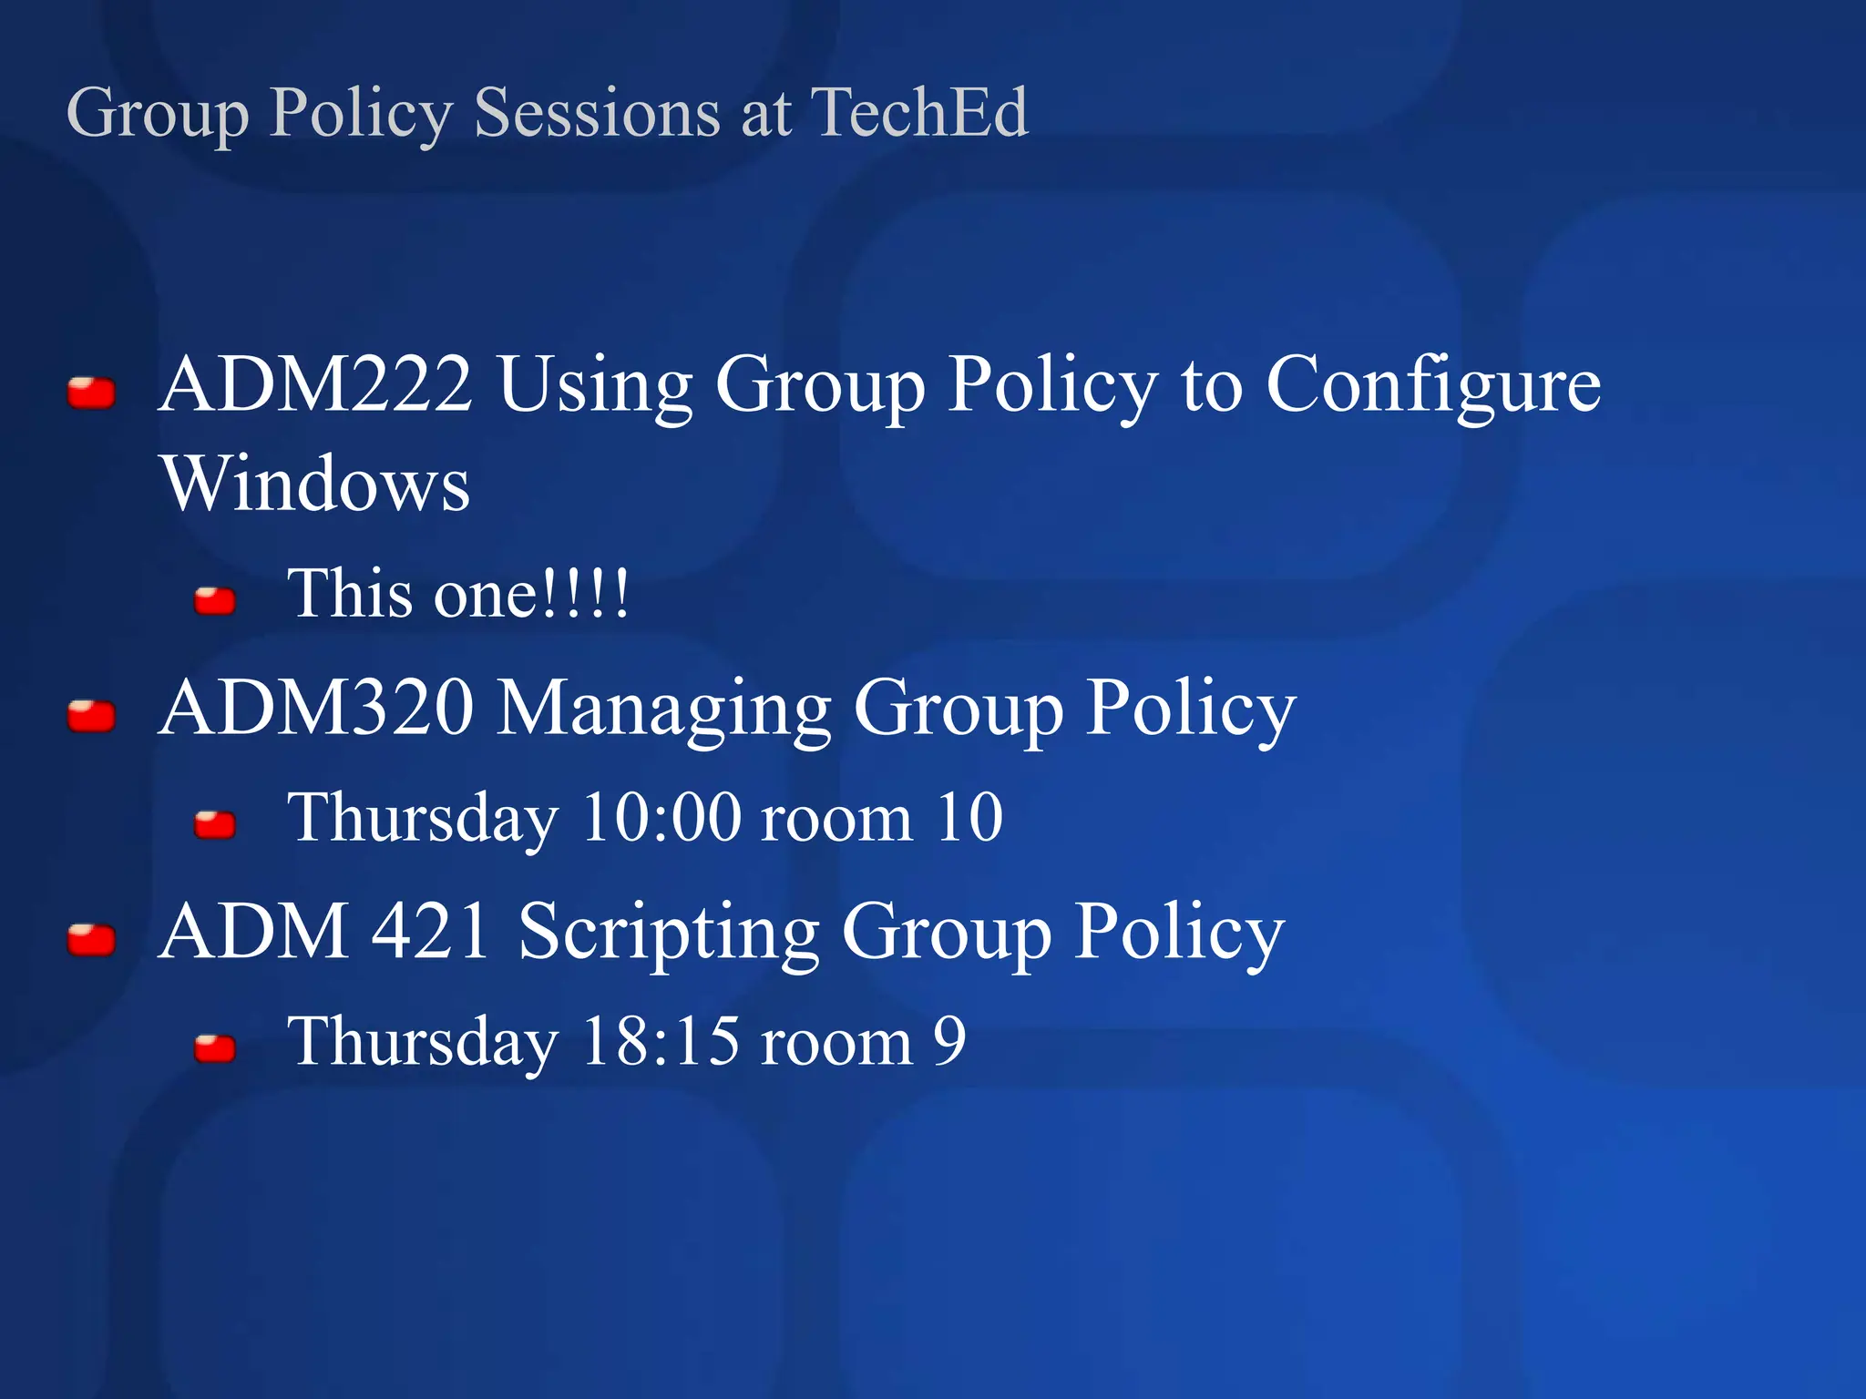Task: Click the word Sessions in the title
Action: pos(597,113)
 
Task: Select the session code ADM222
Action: pos(315,384)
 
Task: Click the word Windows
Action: pos(315,484)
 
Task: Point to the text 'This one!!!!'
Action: pos(457,595)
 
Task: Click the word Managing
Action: pos(663,710)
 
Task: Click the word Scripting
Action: pos(669,934)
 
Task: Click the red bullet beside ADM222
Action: pos(91,393)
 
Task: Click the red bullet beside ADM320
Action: pos(91,716)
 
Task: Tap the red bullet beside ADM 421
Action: pos(91,940)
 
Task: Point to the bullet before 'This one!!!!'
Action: pos(215,601)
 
